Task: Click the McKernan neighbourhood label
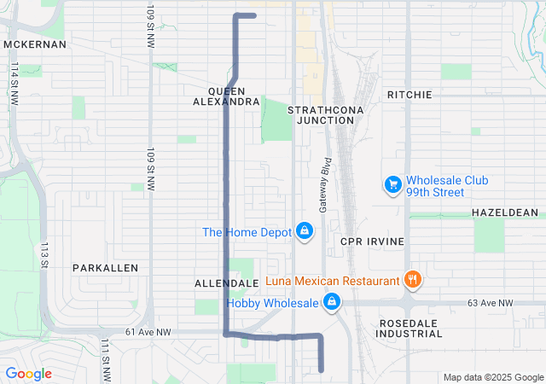tap(35, 44)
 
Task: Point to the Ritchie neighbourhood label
tap(409, 95)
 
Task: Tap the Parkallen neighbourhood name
tap(105, 267)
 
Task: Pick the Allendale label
tap(226, 282)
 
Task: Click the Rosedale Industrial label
tap(409, 328)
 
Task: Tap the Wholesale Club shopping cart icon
tap(392, 184)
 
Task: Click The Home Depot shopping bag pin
tap(304, 231)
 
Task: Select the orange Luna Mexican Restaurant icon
tap(412, 279)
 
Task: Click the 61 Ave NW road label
tap(148, 332)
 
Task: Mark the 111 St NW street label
tap(105, 359)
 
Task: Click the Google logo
tap(28, 374)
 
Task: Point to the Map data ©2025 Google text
tap(492, 377)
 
